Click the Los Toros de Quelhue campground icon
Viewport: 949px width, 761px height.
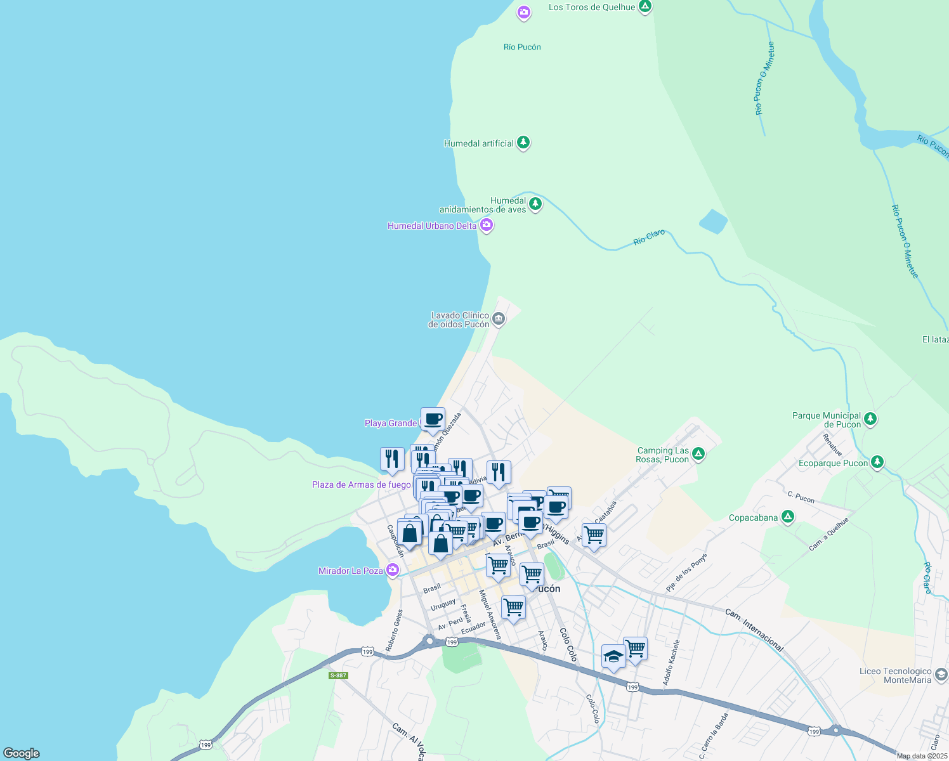click(x=645, y=7)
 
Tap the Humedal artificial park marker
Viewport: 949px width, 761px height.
click(x=523, y=143)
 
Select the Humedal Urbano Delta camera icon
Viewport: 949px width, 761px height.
click(x=487, y=224)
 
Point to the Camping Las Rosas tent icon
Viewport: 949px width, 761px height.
click(x=698, y=453)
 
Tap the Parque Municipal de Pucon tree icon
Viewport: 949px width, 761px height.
click(x=870, y=419)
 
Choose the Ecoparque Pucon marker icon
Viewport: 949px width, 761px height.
click(x=877, y=462)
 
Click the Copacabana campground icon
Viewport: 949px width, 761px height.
click(x=788, y=517)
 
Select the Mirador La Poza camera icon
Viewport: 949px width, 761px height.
click(x=393, y=570)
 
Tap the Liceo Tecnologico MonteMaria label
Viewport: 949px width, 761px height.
click(x=895, y=675)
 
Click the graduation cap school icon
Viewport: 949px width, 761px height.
click(x=613, y=656)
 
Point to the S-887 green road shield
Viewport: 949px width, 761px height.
click(x=338, y=675)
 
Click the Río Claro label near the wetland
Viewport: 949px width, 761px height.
click(x=649, y=237)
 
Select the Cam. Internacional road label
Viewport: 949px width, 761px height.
click(x=754, y=630)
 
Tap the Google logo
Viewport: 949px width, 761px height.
click(x=22, y=753)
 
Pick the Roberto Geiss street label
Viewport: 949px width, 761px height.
click(x=394, y=630)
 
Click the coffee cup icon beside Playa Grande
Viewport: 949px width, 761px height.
click(x=433, y=419)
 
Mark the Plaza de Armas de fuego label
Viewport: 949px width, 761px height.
click(x=361, y=485)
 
